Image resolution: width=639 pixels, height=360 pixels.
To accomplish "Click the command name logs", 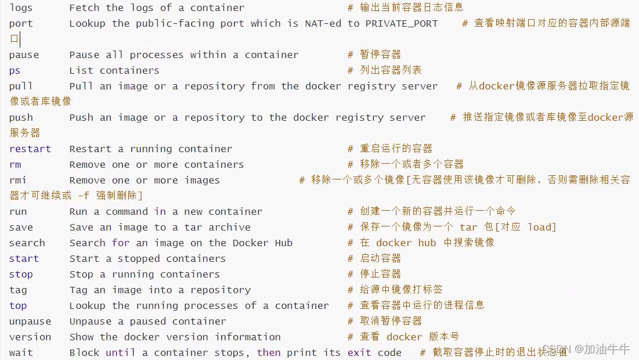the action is (x=21, y=8).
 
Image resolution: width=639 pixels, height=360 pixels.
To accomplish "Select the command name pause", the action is (x=24, y=55).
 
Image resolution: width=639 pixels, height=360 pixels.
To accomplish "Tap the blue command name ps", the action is (x=15, y=71).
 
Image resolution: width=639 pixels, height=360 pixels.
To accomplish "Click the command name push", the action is (x=21, y=118).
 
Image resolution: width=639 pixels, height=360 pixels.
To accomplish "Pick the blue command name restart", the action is (x=30, y=149).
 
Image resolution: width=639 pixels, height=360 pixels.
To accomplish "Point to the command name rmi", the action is (x=17, y=181).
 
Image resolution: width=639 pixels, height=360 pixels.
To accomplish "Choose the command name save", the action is (x=21, y=228).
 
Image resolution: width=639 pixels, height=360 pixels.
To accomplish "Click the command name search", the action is (x=27, y=243).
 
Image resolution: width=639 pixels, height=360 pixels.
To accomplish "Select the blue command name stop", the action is (x=21, y=275).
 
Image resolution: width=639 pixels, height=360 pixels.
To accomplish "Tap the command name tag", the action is (x=18, y=290).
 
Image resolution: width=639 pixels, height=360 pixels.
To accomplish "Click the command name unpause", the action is (x=30, y=322).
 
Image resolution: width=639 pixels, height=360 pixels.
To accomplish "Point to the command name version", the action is (x=30, y=337).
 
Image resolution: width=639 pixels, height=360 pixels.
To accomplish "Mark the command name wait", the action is (x=21, y=353).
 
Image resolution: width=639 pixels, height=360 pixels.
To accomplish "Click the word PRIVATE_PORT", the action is (x=401, y=24).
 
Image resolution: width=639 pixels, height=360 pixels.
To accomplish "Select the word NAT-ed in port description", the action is (x=323, y=24).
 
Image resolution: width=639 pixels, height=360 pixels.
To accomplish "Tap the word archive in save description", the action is (x=229, y=228).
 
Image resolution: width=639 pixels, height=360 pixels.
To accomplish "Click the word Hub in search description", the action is (x=283, y=243).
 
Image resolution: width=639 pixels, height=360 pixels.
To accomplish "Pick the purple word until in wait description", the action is (x=121, y=353).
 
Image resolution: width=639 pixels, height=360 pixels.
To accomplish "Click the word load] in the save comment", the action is (x=541, y=228).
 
